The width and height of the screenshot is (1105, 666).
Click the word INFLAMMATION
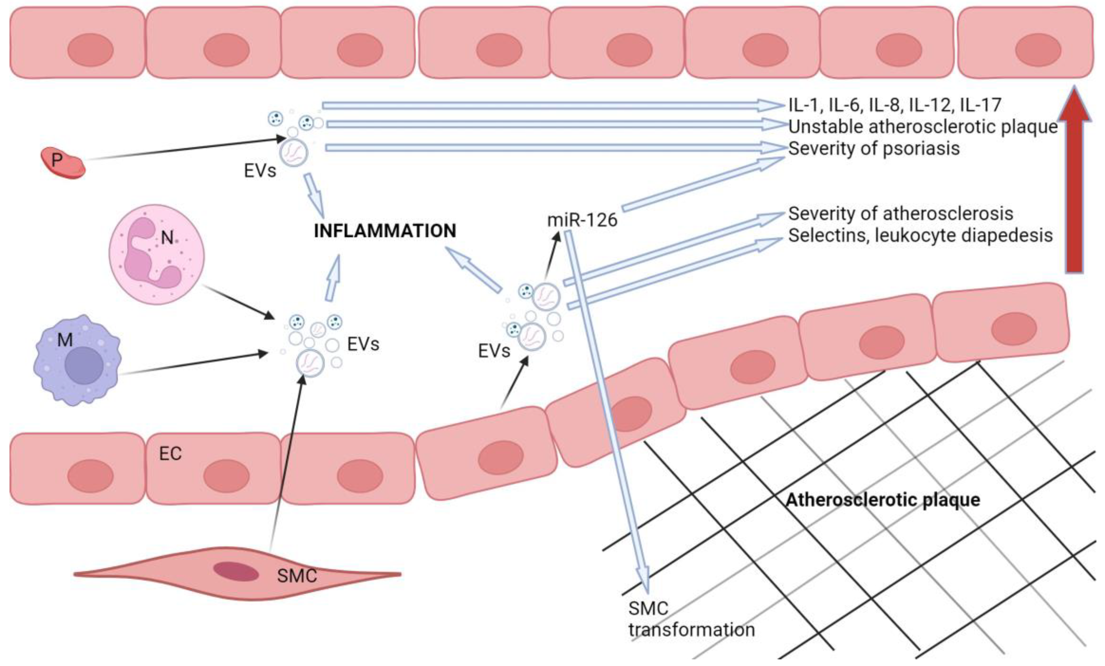coord(385,231)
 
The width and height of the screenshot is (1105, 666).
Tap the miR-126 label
coord(582,220)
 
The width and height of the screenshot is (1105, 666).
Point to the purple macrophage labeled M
coord(77,360)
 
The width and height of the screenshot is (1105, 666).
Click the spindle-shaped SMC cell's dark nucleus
coord(236,572)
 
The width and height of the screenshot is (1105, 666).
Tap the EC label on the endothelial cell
coord(170,454)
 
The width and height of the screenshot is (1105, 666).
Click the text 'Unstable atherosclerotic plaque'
coord(923,127)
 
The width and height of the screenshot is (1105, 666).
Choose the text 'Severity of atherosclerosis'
coord(900,213)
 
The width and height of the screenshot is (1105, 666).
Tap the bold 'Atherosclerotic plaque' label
coord(882,499)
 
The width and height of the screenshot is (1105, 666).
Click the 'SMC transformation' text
coord(691,619)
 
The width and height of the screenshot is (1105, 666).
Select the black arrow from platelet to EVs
coord(184,149)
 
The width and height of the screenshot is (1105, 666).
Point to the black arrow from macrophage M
coord(193,364)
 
